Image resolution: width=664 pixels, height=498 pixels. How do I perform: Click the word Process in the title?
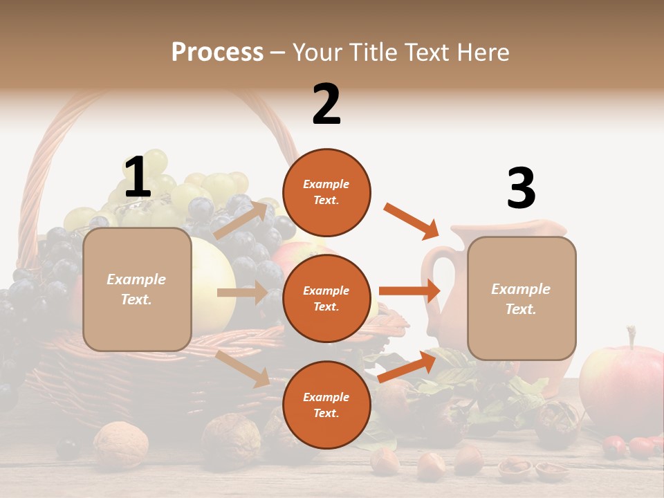tap(217, 53)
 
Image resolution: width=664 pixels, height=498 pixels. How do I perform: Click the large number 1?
tap(137, 178)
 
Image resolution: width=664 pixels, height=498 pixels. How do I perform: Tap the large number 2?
tap(326, 104)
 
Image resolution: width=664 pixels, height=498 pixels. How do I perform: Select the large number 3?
tap(521, 189)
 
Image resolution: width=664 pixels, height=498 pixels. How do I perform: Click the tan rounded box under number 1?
tap(137, 289)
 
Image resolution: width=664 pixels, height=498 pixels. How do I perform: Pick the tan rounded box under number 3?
tap(522, 298)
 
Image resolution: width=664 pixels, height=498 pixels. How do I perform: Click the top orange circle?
tap(326, 192)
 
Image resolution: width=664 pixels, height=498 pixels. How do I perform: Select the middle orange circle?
tap(326, 298)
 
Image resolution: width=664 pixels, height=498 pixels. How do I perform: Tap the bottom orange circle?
tap(326, 405)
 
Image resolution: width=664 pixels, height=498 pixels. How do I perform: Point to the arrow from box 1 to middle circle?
tap(242, 293)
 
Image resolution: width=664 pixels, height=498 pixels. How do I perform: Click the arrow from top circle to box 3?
tap(412, 220)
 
